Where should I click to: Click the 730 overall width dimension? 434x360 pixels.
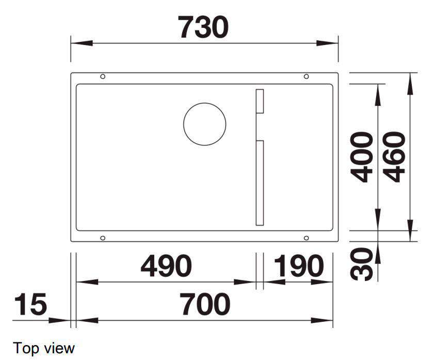203,27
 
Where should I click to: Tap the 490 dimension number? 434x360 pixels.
166,266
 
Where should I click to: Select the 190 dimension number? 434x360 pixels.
299,266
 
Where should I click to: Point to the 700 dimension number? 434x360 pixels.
205,304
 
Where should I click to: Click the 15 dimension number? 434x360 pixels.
30,304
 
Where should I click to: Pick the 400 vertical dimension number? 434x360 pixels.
361,157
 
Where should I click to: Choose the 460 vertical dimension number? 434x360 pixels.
394,157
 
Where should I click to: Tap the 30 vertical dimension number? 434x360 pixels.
361,264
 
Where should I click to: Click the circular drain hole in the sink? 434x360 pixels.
204,124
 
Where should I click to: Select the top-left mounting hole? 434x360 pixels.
103,76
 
